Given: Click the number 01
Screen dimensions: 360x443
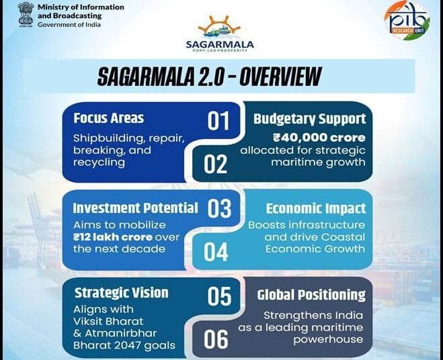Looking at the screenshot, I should click(x=218, y=122).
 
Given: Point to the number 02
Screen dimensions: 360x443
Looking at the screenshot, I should click(x=216, y=164).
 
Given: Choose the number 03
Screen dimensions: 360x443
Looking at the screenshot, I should click(x=219, y=209).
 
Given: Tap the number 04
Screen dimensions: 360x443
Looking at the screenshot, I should click(x=216, y=252).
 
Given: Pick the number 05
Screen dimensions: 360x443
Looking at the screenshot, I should click(x=219, y=296).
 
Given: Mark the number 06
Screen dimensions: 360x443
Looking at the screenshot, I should click(x=216, y=339).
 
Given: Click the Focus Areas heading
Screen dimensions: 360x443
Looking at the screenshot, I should click(x=108, y=118).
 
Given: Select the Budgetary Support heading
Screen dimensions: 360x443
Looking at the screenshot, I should click(x=309, y=119).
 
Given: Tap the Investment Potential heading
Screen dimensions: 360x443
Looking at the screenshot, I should click(x=135, y=208).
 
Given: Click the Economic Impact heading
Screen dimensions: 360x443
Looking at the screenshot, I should click(x=315, y=208).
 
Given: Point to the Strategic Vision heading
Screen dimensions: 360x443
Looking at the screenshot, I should click(x=121, y=293).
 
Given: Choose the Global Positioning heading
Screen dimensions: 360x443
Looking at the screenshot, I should click(x=311, y=295).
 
